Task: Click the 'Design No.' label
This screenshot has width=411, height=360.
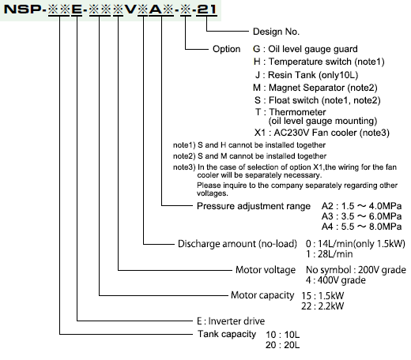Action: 276,32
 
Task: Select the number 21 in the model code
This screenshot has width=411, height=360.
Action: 206,9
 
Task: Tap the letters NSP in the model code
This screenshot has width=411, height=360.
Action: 22,9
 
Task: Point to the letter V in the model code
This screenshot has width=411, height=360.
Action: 130,9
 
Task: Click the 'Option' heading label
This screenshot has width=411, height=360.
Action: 227,49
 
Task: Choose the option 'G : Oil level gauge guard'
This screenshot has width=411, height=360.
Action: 305,49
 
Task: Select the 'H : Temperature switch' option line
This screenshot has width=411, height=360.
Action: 319,62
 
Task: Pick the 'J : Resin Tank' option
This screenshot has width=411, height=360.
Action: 307,75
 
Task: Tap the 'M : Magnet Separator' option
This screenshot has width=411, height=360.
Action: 315,88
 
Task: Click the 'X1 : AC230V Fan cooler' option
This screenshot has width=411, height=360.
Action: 322,133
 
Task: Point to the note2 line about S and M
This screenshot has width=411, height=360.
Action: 250,156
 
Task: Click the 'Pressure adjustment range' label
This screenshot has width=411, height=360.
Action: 254,206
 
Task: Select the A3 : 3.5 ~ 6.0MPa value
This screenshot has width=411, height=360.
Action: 361,216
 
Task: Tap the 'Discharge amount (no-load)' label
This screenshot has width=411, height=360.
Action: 237,244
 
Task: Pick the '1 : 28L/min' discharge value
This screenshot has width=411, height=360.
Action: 329,254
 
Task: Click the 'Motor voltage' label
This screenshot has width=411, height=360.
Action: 266,270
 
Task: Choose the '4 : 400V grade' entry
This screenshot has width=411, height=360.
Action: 336,280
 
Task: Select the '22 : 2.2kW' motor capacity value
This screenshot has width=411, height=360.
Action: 322,306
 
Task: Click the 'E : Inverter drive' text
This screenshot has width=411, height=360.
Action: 231,321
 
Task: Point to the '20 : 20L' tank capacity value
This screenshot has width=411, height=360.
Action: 282,345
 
